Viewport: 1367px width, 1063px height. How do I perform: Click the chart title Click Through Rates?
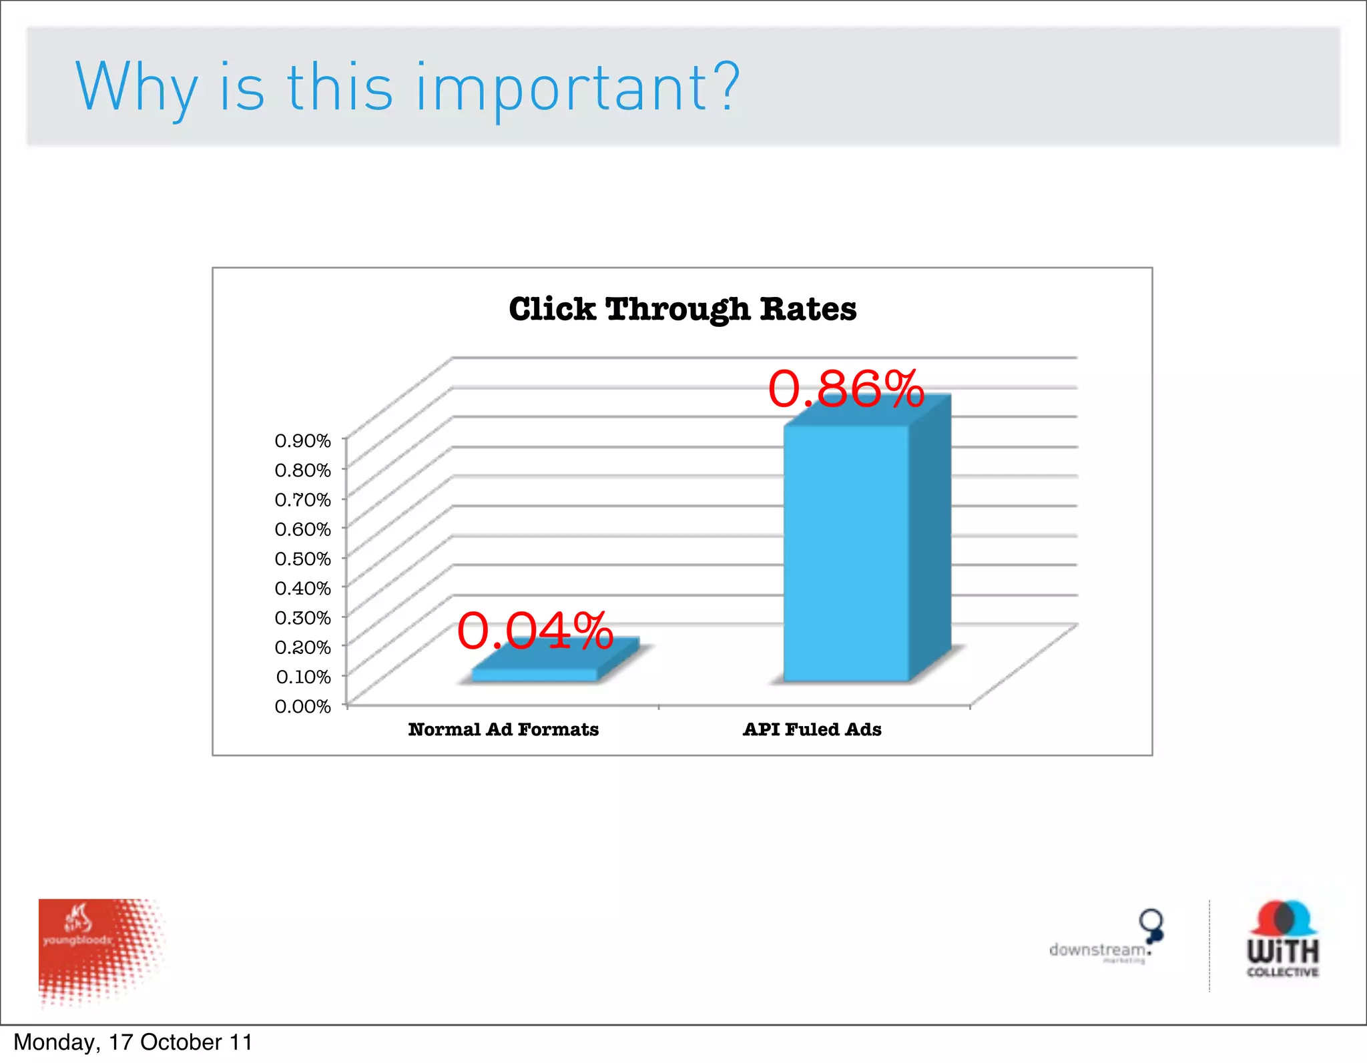pyautogui.click(x=682, y=309)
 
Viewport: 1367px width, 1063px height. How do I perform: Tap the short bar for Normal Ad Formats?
pyautogui.click(x=534, y=674)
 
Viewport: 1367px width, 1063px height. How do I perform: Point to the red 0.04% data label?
pyautogui.click(x=535, y=631)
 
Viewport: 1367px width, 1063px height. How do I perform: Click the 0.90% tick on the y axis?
pyautogui.click(x=303, y=440)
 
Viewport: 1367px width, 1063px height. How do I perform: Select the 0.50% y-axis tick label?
pyautogui.click(x=303, y=559)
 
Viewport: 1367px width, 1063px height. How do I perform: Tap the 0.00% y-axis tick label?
pyautogui.click(x=303, y=706)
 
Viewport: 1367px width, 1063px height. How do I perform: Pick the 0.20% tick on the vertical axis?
pyautogui.click(x=303, y=647)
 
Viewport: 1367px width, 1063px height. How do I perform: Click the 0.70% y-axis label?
pyautogui.click(x=303, y=499)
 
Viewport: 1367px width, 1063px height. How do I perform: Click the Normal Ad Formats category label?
pyautogui.click(x=503, y=729)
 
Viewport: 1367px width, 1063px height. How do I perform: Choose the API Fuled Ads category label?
pyautogui.click(x=812, y=729)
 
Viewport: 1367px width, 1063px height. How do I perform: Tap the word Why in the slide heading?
pyautogui.click(x=136, y=88)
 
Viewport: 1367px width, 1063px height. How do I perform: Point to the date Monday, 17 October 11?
pyautogui.click(x=133, y=1042)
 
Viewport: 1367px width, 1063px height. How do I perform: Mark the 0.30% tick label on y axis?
pyautogui.click(x=303, y=617)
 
